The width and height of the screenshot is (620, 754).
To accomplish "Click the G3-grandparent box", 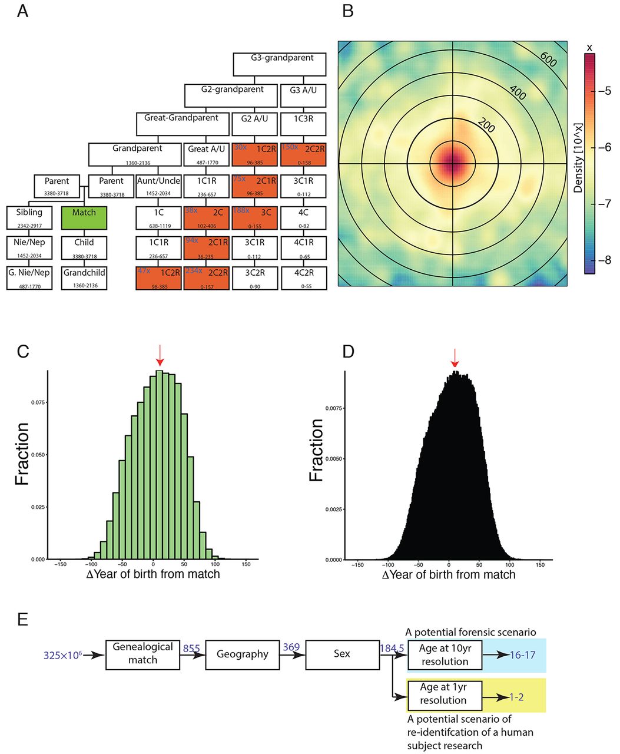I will tap(280, 64).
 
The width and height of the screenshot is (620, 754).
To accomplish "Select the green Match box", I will tap(84, 217).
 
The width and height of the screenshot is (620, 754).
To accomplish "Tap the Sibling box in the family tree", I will tap(29, 217).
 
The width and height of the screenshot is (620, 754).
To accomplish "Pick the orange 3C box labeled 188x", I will tap(254, 217).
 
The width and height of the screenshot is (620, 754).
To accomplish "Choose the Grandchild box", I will tap(84, 278).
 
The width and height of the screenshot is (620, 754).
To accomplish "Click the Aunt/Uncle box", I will tap(158, 186).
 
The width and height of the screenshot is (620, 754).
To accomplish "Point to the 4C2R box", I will tap(304, 278).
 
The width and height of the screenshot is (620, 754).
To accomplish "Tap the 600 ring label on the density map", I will tap(548, 59).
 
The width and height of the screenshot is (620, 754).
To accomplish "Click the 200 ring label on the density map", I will tap(486, 125).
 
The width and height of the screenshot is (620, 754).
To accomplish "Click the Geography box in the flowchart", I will tap(242, 654).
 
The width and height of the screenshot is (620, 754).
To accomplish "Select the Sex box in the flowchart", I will tap(342, 654).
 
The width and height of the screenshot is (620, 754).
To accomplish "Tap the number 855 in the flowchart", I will tap(191, 649).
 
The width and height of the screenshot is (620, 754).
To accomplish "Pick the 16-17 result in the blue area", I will tap(522, 654).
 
